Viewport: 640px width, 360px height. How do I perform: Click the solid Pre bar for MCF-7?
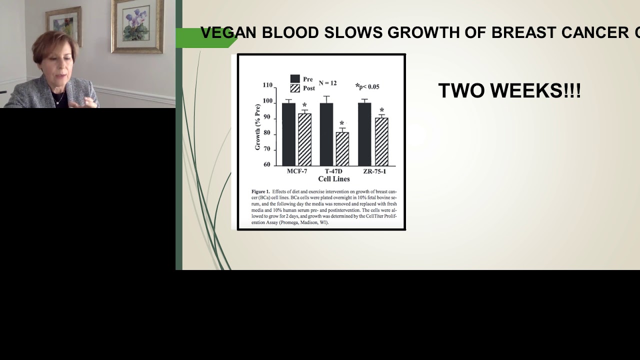click(288, 134)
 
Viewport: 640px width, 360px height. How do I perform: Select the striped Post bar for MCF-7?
click(304, 139)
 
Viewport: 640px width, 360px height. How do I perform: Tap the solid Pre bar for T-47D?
click(326, 134)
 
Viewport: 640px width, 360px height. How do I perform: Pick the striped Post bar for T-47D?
click(342, 148)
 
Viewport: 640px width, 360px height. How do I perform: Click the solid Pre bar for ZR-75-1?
click(364, 134)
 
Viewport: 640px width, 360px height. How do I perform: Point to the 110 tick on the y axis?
click(267, 85)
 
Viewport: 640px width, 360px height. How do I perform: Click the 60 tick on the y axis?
click(267, 164)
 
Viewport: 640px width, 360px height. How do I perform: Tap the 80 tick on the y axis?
click(267, 133)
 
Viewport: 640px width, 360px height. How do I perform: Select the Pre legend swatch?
click(295, 79)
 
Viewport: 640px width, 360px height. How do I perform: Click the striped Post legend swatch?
click(295, 88)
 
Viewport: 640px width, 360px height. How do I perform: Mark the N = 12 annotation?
click(327, 83)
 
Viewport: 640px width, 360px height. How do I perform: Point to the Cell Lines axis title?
click(333, 179)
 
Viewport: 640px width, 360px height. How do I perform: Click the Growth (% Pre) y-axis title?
click(258, 127)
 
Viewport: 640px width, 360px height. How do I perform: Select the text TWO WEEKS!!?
click(509, 91)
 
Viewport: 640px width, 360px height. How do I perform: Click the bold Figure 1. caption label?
click(260, 191)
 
